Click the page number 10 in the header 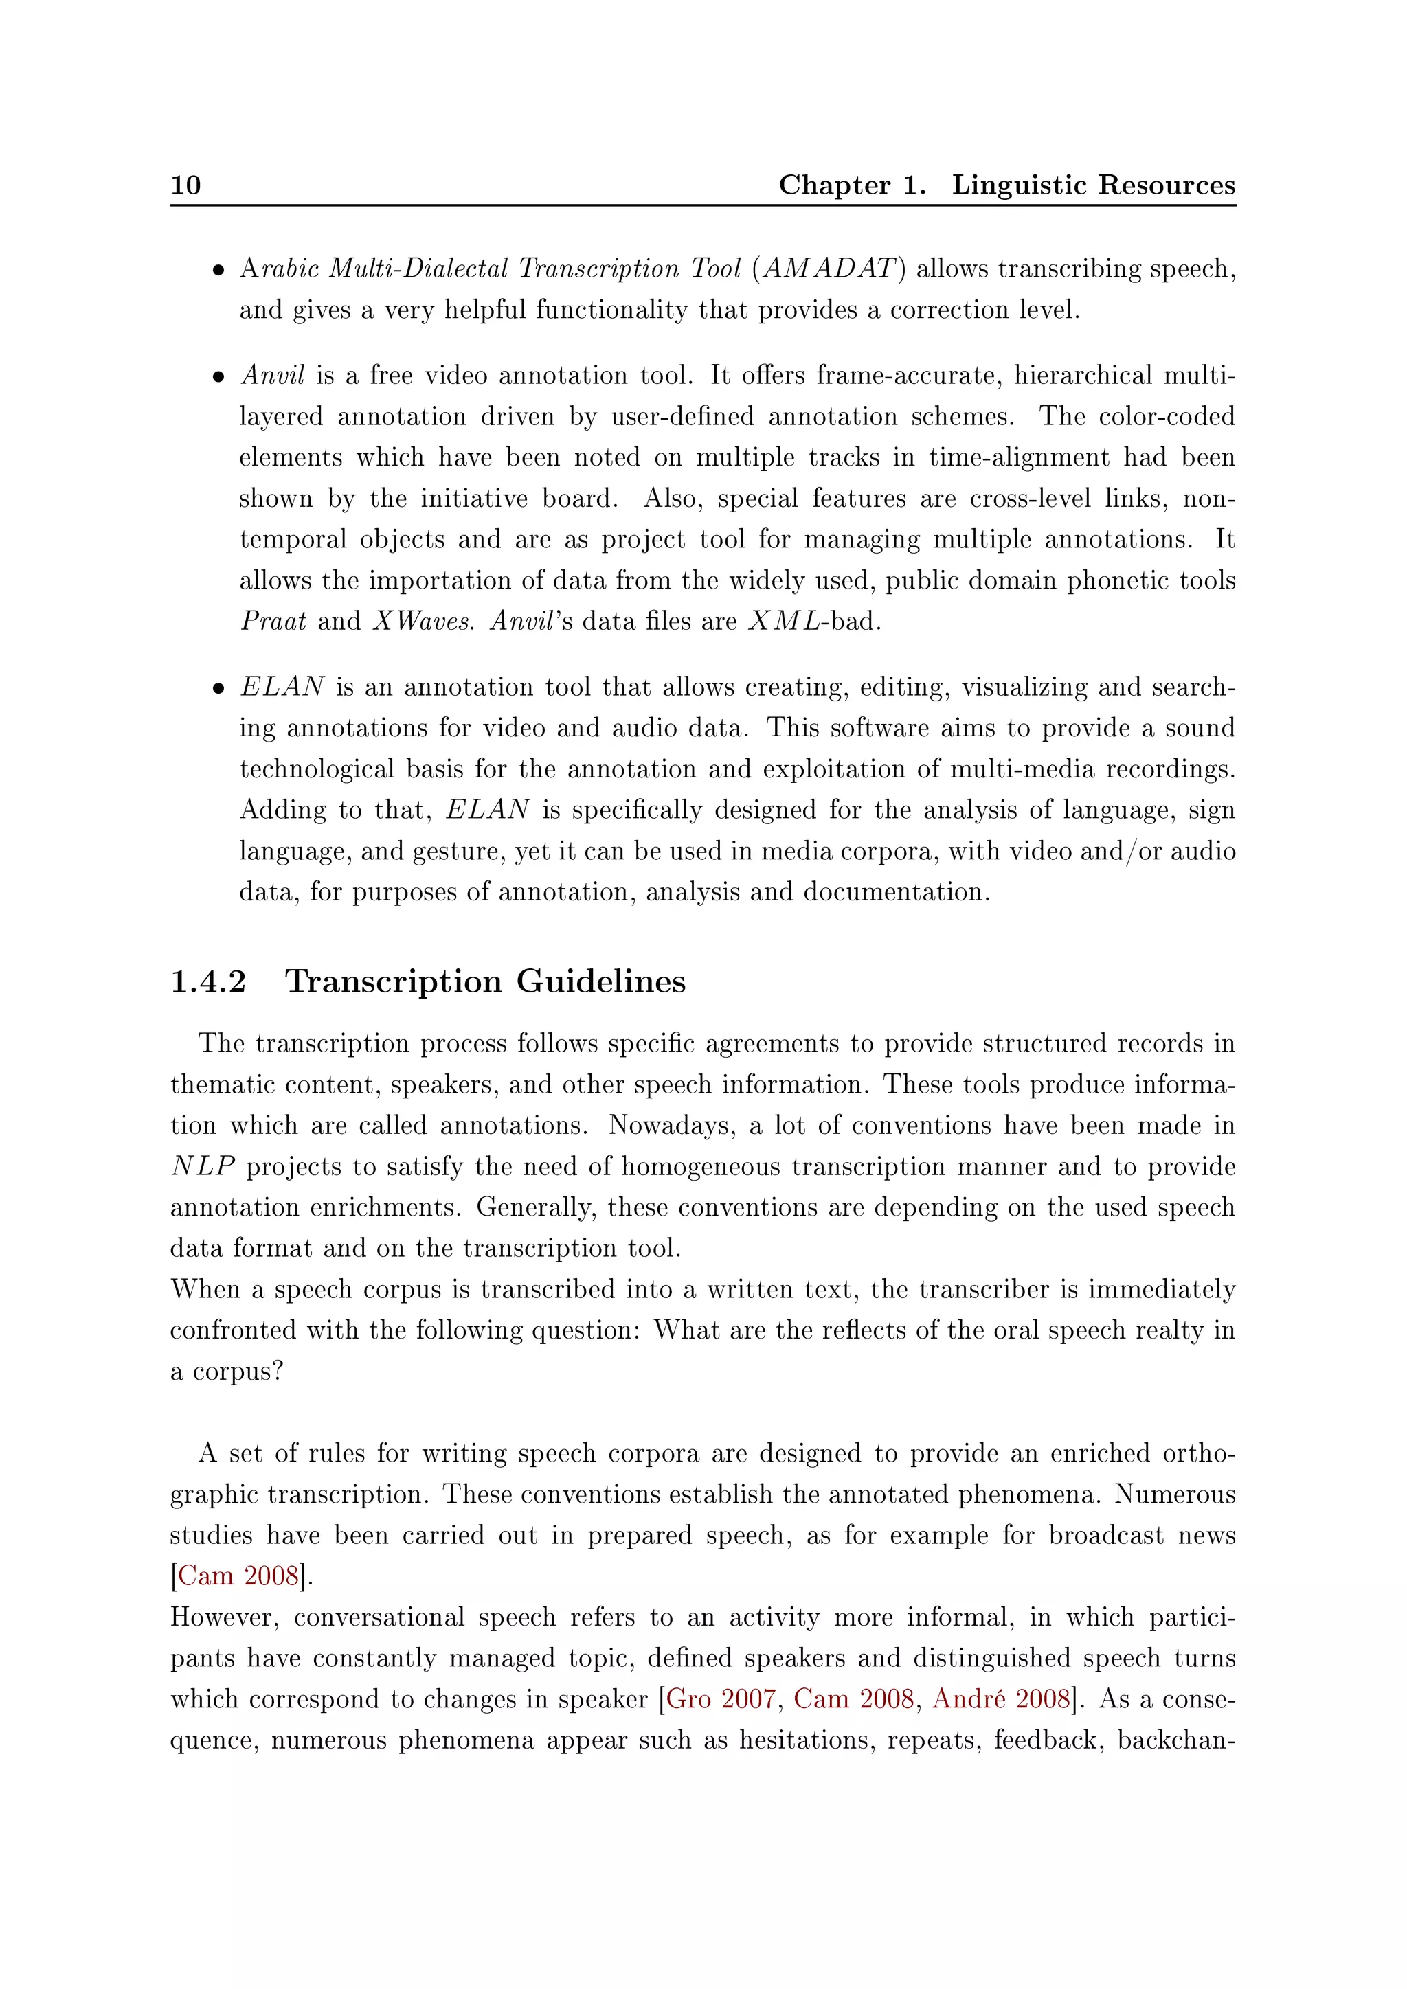click(185, 185)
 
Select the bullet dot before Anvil click(218, 378)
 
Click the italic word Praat click(273, 622)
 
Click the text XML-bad click(813, 622)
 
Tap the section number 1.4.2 click(208, 982)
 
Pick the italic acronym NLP click(203, 1167)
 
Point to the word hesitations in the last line click(802, 1740)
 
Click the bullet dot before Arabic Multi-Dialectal click(218, 271)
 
